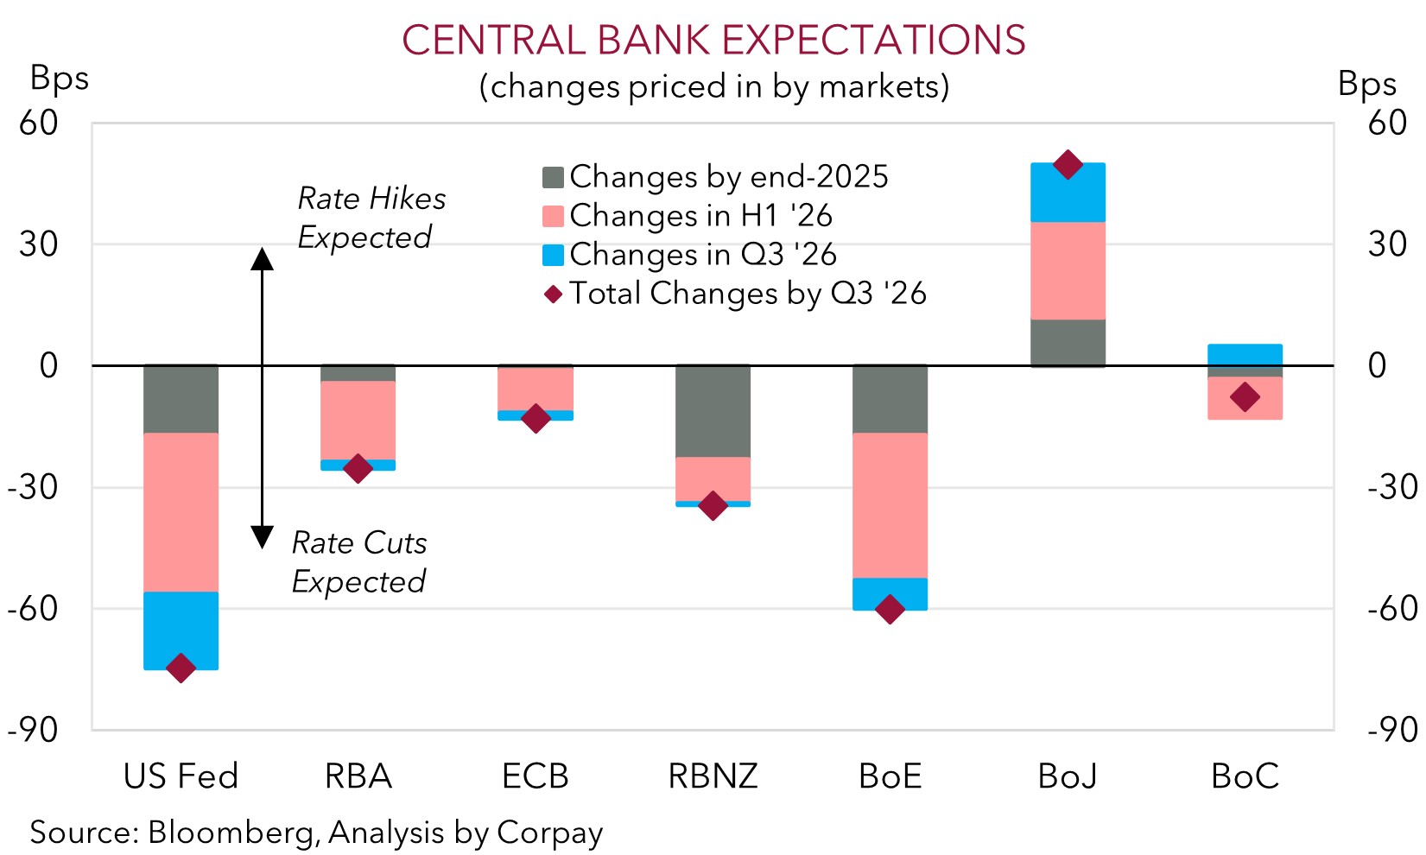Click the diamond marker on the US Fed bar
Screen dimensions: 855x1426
pyautogui.click(x=181, y=668)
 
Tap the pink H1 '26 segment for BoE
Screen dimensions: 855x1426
pyautogui.click(x=890, y=505)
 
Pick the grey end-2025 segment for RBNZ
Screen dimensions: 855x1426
pyautogui.click(x=713, y=411)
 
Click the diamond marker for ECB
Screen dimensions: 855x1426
pyautogui.click(x=536, y=419)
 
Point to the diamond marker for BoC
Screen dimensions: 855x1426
pyautogui.click(x=1245, y=397)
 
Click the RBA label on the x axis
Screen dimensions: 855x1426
pyautogui.click(x=358, y=776)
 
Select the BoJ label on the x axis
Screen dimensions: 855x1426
pyautogui.click(x=1068, y=776)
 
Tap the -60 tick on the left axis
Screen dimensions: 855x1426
pyautogui.click(x=33, y=609)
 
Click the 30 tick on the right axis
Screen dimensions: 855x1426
pyautogui.click(x=1387, y=244)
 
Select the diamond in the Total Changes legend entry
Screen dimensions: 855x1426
pyautogui.click(x=553, y=294)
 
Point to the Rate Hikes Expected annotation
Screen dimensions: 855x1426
pyautogui.click(x=371, y=218)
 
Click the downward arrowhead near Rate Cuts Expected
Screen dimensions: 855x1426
pyautogui.click(x=262, y=537)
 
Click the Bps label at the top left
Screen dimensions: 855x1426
pyautogui.click(x=59, y=78)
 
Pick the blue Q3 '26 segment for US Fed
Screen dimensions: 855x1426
pyautogui.click(x=181, y=630)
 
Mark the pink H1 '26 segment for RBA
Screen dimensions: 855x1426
pyautogui.click(x=358, y=421)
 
